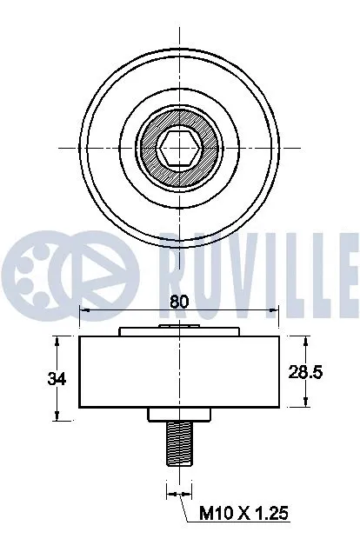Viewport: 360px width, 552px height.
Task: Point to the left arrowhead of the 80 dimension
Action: point(83,310)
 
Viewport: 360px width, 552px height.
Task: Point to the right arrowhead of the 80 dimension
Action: point(274,310)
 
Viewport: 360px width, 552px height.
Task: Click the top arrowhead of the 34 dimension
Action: point(58,338)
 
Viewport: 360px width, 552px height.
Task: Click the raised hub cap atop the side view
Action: point(180,329)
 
